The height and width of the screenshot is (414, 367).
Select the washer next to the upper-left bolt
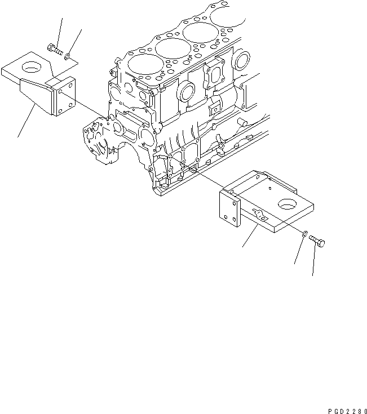click(68, 55)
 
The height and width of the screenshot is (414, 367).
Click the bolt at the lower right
click(316, 243)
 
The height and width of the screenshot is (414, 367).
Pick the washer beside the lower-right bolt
click(304, 233)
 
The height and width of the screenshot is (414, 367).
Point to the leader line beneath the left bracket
click(25, 124)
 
